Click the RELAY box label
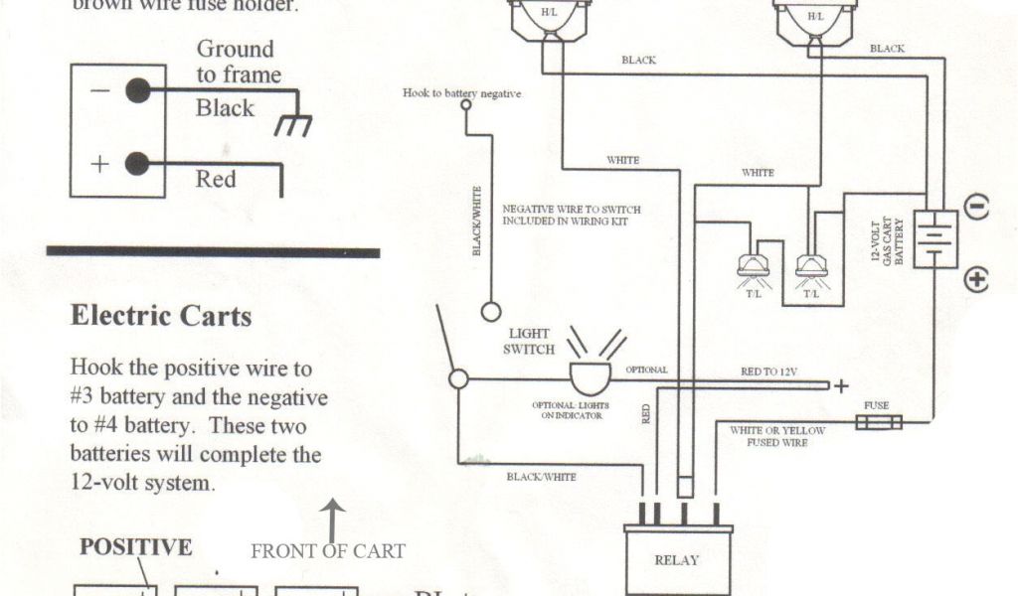pos(676,560)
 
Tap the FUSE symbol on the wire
pos(879,423)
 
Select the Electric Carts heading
pos(161,316)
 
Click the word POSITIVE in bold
pos(135,547)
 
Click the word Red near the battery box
pos(216,180)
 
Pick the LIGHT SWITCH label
pos(529,342)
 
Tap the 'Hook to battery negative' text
pos(461,92)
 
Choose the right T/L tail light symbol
pos(812,264)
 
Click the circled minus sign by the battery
pos(976,209)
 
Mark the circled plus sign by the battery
pos(976,280)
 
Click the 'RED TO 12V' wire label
pos(768,372)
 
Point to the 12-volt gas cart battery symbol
pos(934,238)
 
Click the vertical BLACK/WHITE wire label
pos(477,221)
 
